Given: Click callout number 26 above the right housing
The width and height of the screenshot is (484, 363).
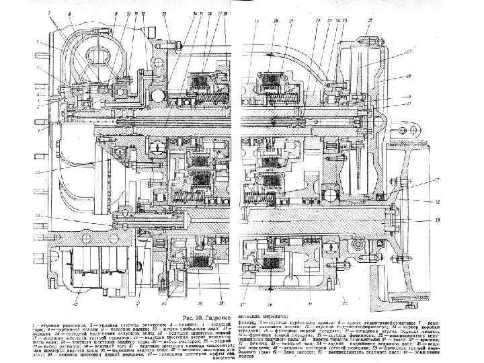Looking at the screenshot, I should (x=369, y=21).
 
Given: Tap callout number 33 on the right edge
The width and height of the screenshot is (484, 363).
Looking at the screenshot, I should (x=437, y=220).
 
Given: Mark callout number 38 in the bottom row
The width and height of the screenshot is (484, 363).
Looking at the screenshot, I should (x=206, y=304).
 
